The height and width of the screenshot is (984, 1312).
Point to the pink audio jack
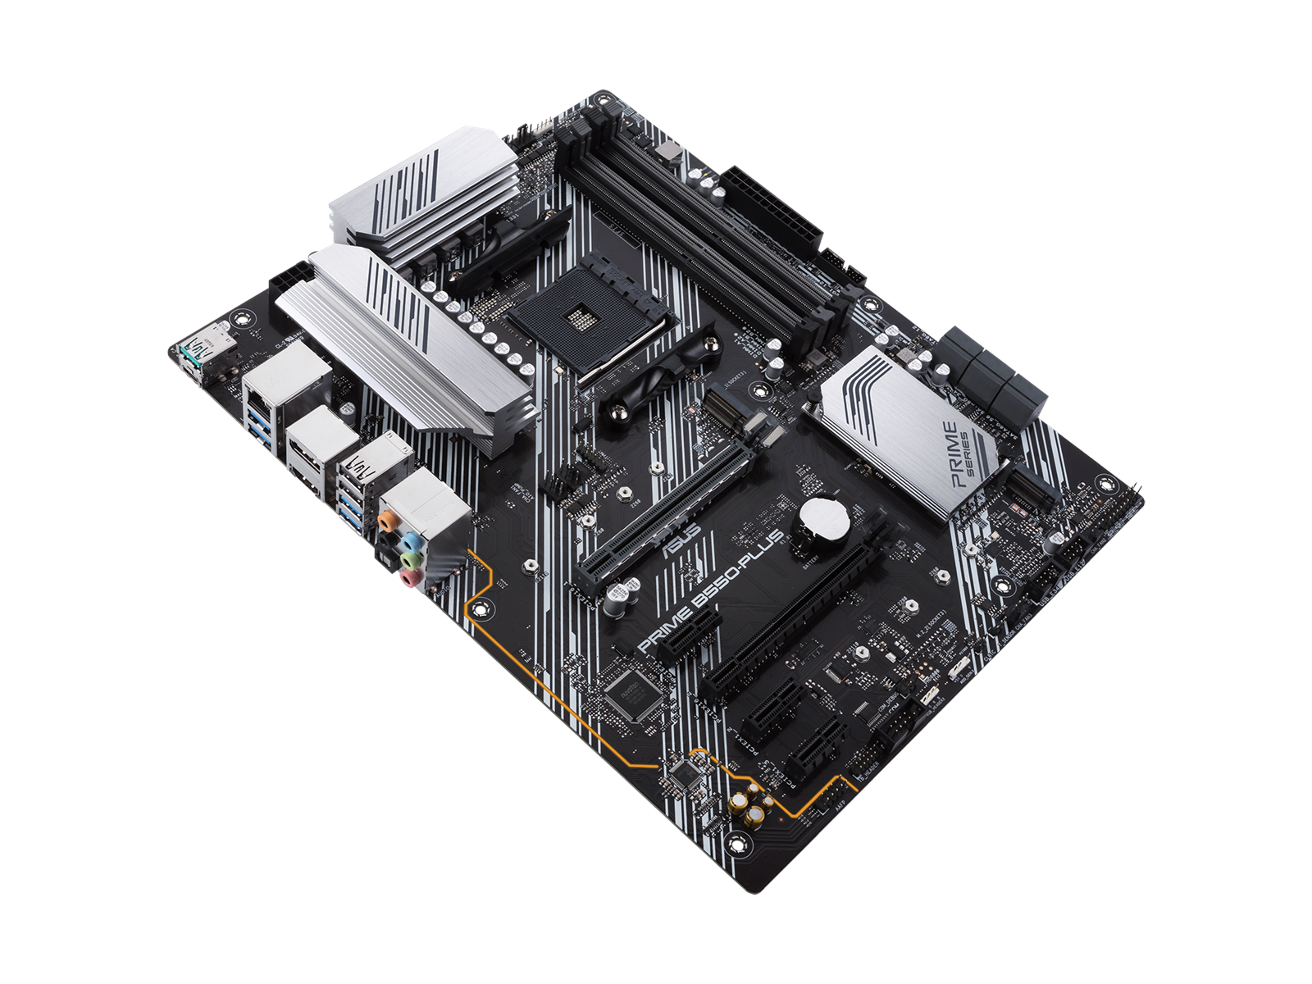click(x=408, y=579)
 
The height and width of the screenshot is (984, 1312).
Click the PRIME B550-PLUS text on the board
click(x=708, y=594)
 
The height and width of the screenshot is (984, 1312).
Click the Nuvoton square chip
click(x=631, y=686)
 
